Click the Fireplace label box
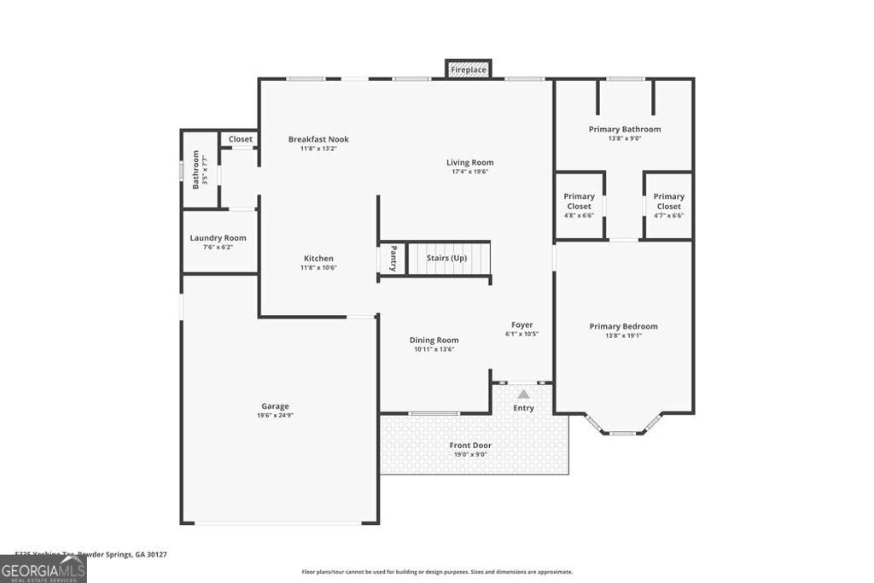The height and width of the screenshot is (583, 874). click(x=468, y=69)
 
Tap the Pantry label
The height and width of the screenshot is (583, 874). click(x=393, y=259)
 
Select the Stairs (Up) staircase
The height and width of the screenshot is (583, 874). click(x=448, y=258)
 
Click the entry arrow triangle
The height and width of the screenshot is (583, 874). click(x=523, y=394)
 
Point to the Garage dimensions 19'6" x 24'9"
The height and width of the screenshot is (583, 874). click(x=275, y=416)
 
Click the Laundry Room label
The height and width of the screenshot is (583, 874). click(x=218, y=238)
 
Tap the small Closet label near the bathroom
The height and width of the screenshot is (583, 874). click(x=240, y=139)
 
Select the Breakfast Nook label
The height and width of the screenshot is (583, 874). click(x=318, y=139)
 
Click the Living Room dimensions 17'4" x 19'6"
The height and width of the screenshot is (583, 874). click(x=470, y=172)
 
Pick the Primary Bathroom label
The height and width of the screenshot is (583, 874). click(x=624, y=129)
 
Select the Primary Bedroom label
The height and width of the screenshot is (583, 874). click(x=623, y=326)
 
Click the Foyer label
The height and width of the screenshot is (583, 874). click(x=521, y=324)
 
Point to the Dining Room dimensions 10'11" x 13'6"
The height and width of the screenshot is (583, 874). click(x=435, y=349)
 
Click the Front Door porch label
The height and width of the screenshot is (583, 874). click(x=470, y=445)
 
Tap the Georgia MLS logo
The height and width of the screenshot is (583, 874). click(x=43, y=569)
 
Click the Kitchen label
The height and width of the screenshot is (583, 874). click(x=318, y=259)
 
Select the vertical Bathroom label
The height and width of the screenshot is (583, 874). click(x=195, y=169)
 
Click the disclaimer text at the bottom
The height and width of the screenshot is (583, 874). click(x=437, y=572)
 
